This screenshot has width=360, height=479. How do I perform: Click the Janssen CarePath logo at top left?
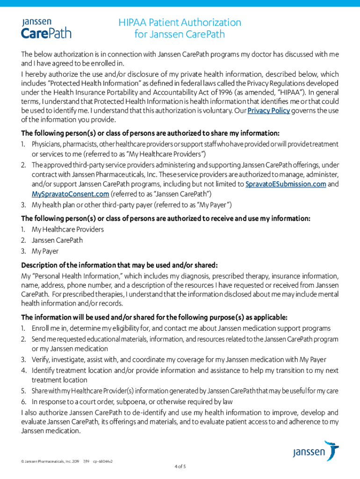coord(46,28)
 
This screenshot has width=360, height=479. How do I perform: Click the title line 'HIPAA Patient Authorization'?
coord(180,22)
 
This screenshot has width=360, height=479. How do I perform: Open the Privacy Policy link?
coord(269,110)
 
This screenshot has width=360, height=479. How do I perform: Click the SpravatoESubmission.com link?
coord(286,184)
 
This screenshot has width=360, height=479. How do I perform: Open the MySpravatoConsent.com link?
coord(71,194)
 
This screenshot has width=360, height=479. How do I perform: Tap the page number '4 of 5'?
coord(180,466)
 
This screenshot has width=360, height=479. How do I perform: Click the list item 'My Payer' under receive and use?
coord(45,251)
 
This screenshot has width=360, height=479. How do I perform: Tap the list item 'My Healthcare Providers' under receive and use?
coord(68,229)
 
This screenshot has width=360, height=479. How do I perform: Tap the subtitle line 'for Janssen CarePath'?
coord(180,34)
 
